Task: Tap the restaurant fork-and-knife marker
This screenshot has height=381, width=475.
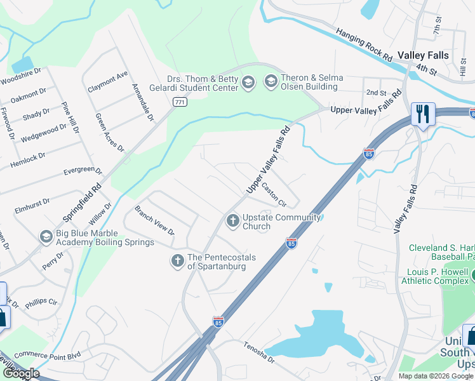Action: point(422,114)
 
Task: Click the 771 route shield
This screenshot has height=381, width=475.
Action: point(180,102)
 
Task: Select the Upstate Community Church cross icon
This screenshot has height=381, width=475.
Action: point(233,220)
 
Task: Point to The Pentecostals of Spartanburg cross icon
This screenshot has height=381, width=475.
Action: point(178,260)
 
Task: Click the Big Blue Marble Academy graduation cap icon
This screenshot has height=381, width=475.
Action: point(46,237)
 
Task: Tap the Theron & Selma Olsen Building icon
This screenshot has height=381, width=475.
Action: point(271,81)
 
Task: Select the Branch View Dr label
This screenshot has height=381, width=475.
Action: point(154,220)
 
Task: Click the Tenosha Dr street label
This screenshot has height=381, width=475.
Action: point(258,352)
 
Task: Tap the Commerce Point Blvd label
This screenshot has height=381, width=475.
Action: point(48,354)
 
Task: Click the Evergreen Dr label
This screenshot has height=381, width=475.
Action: point(83,171)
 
